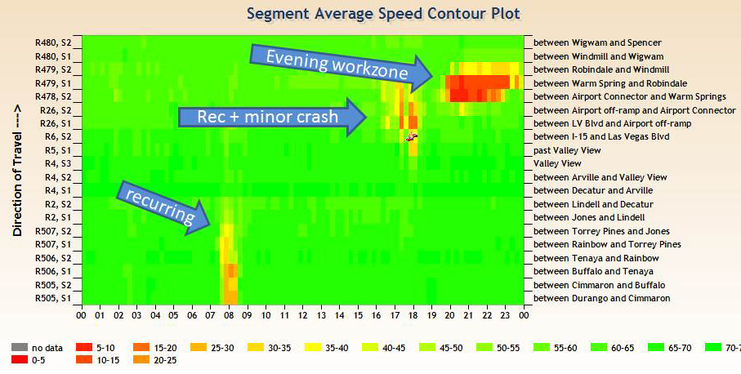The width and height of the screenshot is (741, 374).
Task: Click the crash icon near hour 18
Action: (x=412, y=136)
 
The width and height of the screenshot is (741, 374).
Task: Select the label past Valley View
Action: (x=568, y=150)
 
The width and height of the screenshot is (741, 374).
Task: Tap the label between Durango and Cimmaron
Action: (x=602, y=298)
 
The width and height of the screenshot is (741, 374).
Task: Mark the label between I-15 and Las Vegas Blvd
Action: (x=601, y=136)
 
